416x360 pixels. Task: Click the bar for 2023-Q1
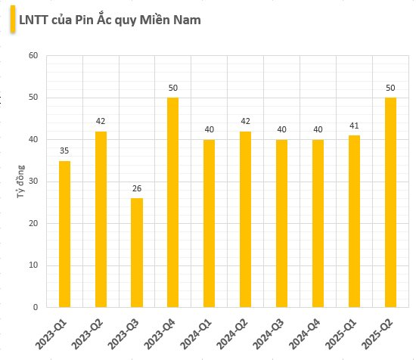[64, 234]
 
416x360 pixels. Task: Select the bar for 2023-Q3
[137, 253]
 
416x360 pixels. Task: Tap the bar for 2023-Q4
[173, 202]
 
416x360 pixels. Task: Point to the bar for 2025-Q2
[390, 202]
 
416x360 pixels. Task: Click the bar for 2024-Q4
[318, 223]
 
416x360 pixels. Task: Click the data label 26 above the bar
[137, 188]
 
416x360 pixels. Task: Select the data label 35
[64, 151]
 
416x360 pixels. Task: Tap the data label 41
[354, 126]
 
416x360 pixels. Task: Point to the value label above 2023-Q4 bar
[173, 88]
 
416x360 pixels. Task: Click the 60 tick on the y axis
[33, 56]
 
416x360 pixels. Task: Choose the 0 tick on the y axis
[36, 307]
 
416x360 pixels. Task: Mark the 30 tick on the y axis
[33, 182]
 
